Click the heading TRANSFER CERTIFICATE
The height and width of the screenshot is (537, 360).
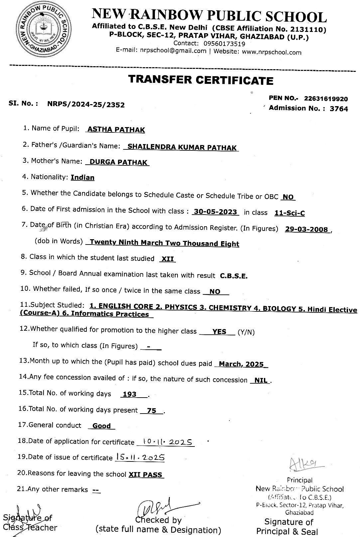(x=200, y=80)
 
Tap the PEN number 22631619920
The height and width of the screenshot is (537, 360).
(x=326, y=99)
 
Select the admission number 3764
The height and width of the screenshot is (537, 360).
(x=339, y=108)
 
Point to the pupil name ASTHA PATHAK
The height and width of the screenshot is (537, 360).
(x=116, y=129)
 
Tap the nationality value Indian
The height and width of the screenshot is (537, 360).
(x=82, y=178)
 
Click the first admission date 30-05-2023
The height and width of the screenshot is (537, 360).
(x=215, y=212)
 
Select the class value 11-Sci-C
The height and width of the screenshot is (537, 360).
(x=290, y=213)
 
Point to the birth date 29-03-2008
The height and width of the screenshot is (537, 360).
(x=306, y=230)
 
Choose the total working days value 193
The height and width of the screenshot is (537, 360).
(x=130, y=394)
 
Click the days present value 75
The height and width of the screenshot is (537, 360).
(x=151, y=411)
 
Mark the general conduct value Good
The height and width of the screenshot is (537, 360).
(x=101, y=426)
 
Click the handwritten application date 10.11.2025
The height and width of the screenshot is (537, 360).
(x=165, y=442)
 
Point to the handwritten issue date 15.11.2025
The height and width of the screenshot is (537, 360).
(x=140, y=457)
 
